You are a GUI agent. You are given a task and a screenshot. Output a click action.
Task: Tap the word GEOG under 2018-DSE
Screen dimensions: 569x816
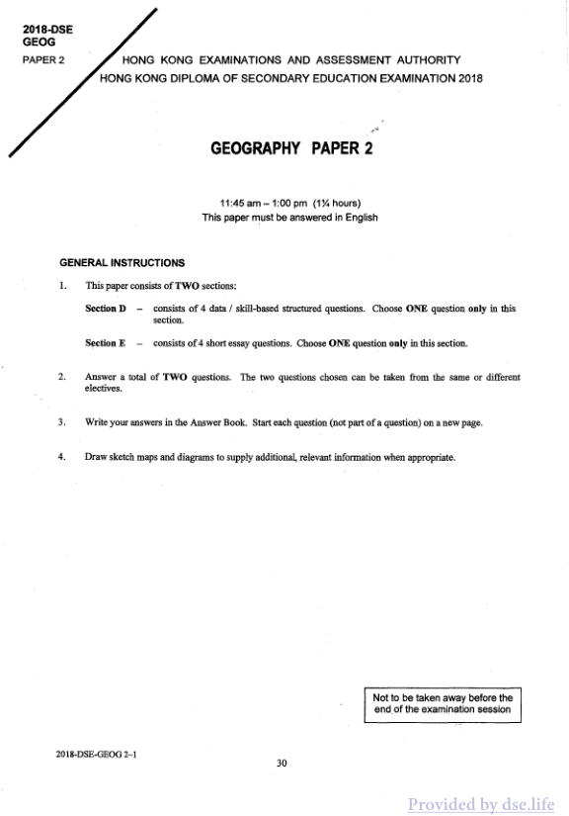(36, 43)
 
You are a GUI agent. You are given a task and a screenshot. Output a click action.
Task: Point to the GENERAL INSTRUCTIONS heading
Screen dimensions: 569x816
(122, 263)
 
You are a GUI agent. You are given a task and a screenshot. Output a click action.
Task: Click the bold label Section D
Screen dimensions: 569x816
(107, 309)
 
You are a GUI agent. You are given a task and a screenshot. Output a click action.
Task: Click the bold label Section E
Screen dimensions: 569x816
(107, 344)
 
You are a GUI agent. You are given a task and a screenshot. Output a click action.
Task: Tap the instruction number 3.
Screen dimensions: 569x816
(62, 422)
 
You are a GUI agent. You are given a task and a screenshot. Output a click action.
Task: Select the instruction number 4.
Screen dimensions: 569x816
(62, 457)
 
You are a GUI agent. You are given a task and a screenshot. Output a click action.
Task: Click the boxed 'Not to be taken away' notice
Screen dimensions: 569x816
(442, 703)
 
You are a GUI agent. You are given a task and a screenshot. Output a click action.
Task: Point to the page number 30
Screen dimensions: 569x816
(283, 762)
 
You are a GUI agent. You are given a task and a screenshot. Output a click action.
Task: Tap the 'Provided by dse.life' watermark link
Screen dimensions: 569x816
(481, 804)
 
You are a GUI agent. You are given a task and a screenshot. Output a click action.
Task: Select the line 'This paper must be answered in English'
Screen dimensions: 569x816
(289, 218)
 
